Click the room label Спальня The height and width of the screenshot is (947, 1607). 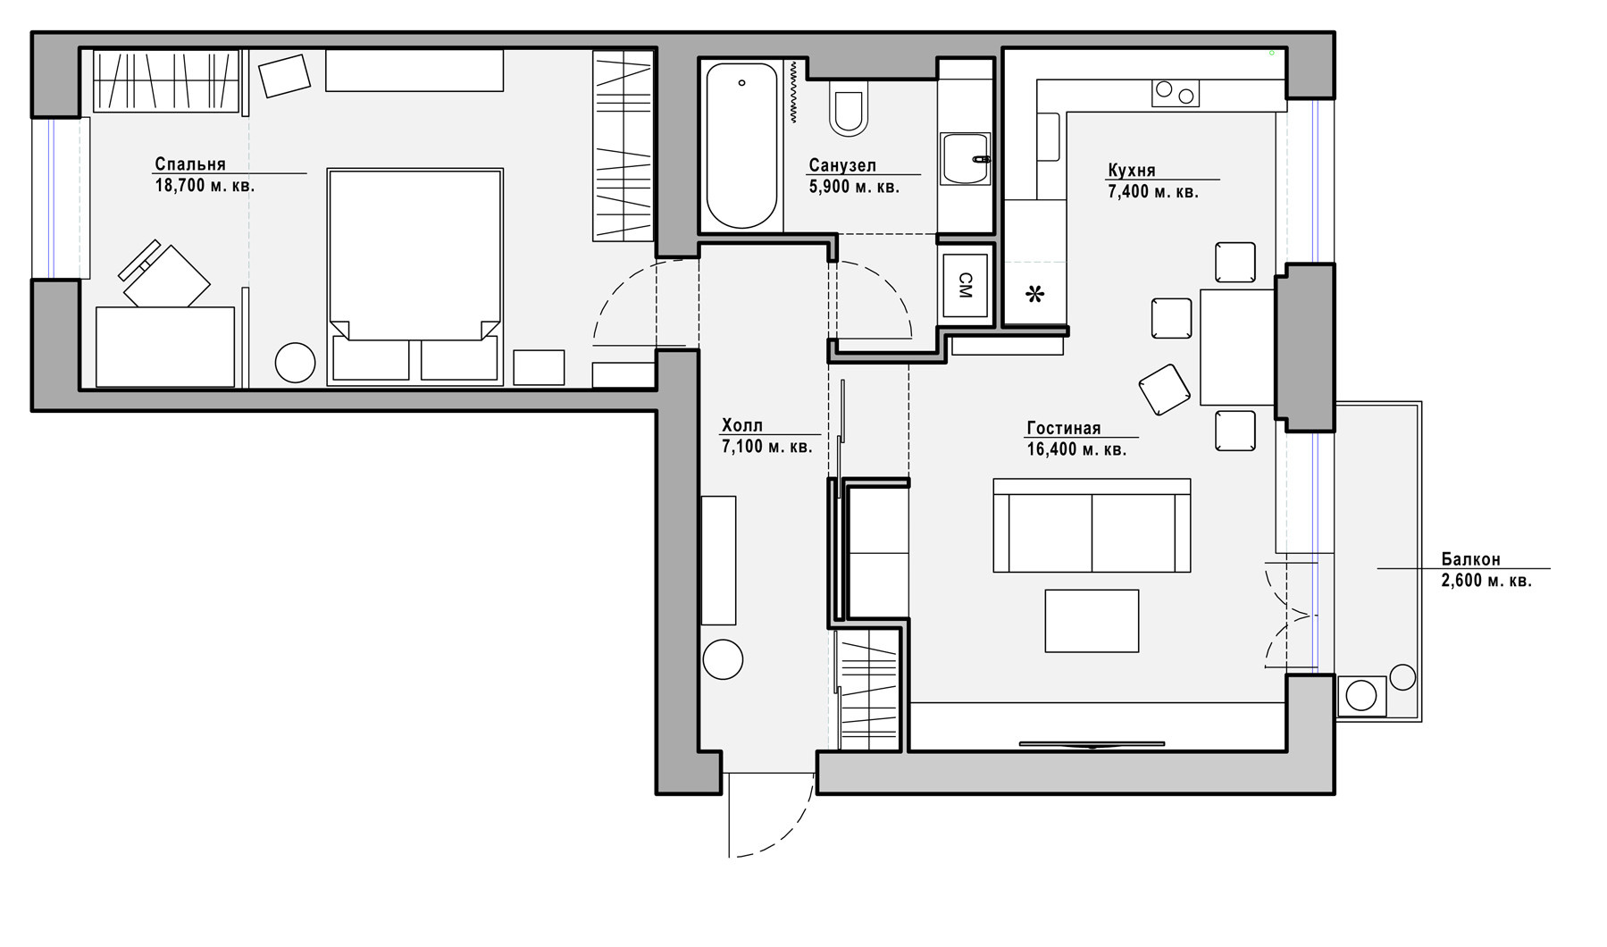(x=190, y=164)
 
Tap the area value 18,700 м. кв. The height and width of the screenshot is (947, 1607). (x=205, y=186)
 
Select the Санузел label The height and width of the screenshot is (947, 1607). (x=842, y=165)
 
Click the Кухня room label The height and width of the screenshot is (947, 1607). (x=1132, y=171)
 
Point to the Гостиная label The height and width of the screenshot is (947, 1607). (x=1064, y=429)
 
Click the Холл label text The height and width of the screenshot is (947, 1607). (x=742, y=425)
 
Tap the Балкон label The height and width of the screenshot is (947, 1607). (x=1470, y=559)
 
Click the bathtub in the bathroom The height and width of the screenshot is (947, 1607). (x=741, y=146)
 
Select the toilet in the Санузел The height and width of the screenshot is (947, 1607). (x=848, y=109)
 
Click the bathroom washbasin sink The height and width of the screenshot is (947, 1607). (x=966, y=159)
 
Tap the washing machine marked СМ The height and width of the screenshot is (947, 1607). (x=965, y=285)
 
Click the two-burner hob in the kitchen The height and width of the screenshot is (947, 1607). (x=1176, y=93)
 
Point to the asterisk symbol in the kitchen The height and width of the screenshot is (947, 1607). (x=1034, y=294)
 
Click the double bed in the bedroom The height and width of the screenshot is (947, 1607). (x=415, y=276)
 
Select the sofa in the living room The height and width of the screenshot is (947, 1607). (x=1092, y=525)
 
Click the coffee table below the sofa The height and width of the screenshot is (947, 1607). (x=1092, y=621)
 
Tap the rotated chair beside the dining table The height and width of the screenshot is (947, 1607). (x=1165, y=390)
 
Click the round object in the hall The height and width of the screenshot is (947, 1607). (x=723, y=660)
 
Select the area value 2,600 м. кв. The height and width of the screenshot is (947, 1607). (x=1486, y=581)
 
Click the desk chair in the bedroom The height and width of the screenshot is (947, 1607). (x=165, y=274)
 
